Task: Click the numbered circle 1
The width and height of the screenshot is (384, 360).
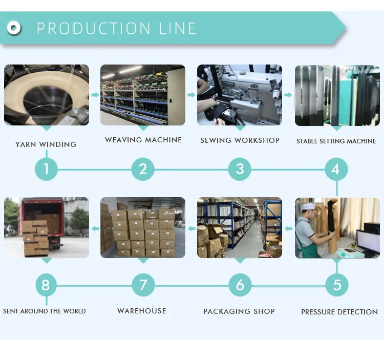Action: click(x=46, y=169)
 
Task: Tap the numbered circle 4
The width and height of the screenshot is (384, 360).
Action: click(x=336, y=169)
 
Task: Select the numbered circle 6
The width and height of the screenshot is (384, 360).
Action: click(x=240, y=285)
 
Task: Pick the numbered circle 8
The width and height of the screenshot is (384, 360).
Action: click(x=46, y=285)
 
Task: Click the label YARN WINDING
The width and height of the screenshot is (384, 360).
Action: click(x=46, y=144)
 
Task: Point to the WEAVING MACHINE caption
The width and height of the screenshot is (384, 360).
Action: click(x=143, y=140)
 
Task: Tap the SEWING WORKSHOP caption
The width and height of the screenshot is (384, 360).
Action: click(x=240, y=140)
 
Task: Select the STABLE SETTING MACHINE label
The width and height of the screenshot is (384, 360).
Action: click(x=336, y=141)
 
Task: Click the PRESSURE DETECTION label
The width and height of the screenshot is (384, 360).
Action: click(x=339, y=312)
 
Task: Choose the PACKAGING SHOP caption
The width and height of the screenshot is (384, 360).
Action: click(x=239, y=311)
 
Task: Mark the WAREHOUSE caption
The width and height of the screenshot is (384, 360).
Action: click(x=142, y=311)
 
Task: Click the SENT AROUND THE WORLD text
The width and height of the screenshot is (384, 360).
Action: click(x=45, y=311)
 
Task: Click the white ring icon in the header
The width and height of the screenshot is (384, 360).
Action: click(x=14, y=28)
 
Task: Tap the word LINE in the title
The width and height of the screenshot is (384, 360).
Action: click(x=177, y=28)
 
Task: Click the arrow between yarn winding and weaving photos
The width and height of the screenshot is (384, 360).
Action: click(x=95, y=95)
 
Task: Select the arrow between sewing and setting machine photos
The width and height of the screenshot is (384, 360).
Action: click(x=288, y=95)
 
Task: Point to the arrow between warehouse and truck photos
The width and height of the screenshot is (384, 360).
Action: click(x=95, y=229)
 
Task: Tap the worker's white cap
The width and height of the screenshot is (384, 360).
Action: click(x=308, y=206)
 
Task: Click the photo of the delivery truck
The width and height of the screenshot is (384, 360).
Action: click(x=47, y=227)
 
